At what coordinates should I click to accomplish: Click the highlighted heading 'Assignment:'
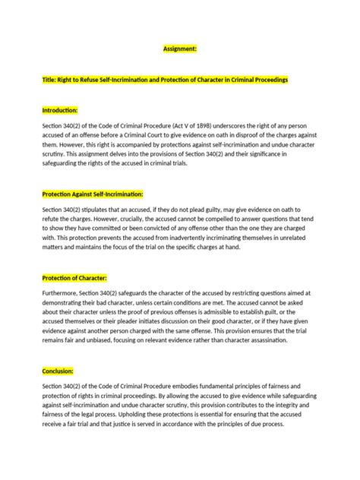point(180,48)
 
